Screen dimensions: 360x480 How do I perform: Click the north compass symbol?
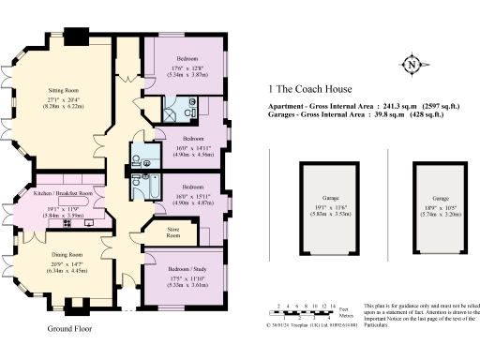[411, 65]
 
